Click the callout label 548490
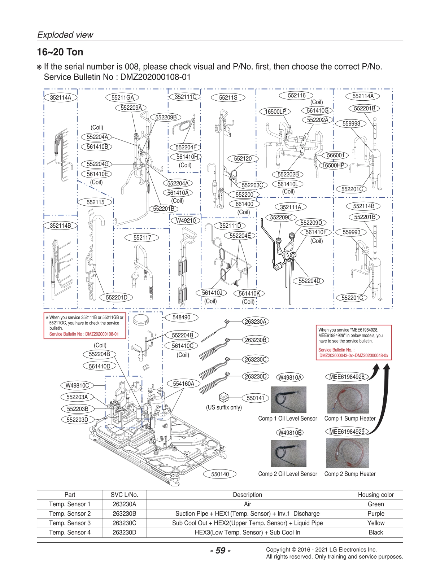181,317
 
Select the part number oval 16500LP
275,111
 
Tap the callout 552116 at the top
297,96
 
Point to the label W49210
186,220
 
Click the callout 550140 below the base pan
220,474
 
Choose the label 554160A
183,384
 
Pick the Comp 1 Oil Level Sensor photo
288,399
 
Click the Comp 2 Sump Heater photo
347,453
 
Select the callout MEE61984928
347,377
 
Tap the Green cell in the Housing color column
375,504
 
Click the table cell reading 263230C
124,523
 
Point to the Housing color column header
375,495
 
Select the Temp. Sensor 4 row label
70,532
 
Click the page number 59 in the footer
220,551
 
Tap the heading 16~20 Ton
60,52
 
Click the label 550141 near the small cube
256,398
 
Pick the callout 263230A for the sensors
256,322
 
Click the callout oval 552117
142,237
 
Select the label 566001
335,156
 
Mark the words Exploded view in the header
65,35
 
